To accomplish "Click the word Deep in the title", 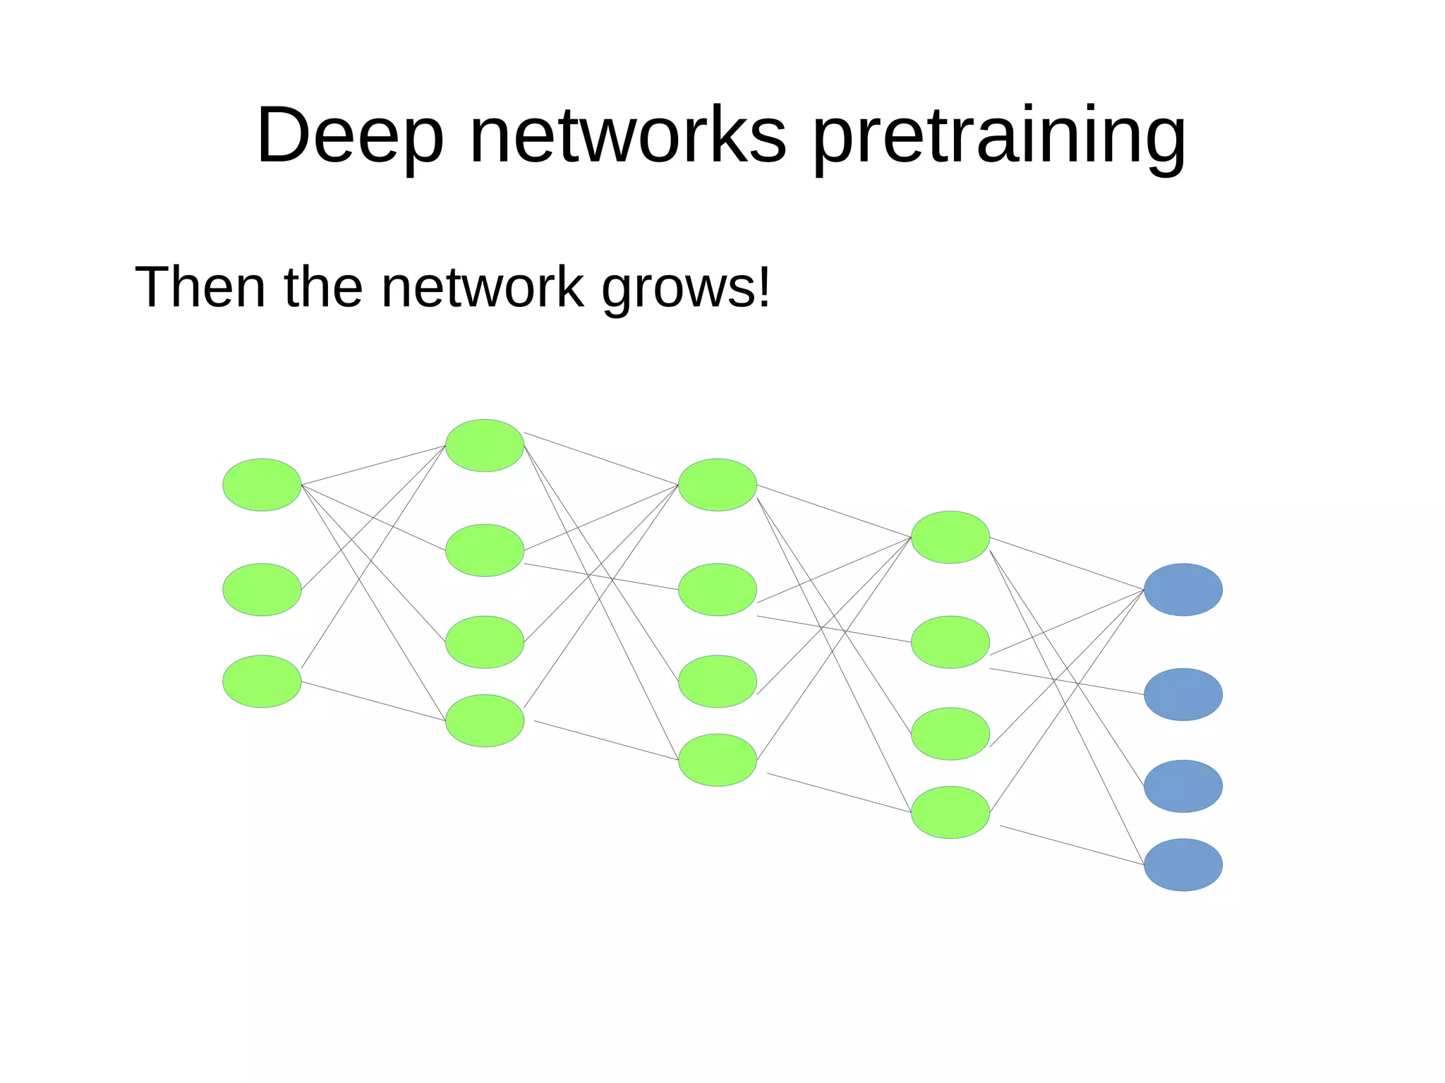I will pos(350,135).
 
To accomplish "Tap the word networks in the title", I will pos(627,135).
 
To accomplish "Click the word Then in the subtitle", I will pos(200,287).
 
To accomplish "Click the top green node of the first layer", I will pos(262,485).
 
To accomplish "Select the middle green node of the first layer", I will pos(262,589).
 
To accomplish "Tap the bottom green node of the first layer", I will pos(262,682).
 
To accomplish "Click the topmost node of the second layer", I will pos(485,445).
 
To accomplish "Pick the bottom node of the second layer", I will pos(485,720).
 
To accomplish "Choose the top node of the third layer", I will pos(718,485).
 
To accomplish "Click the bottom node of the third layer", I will pos(718,760).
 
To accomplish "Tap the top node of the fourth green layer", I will pos(950,537).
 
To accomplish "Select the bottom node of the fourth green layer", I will pos(950,812).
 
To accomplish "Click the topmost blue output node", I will pos(1183,589).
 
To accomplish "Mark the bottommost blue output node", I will pos(1183,864).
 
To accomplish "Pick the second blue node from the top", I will pos(1183,694).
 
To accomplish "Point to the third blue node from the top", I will pos(1183,786).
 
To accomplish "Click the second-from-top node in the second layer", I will pos(485,550).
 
